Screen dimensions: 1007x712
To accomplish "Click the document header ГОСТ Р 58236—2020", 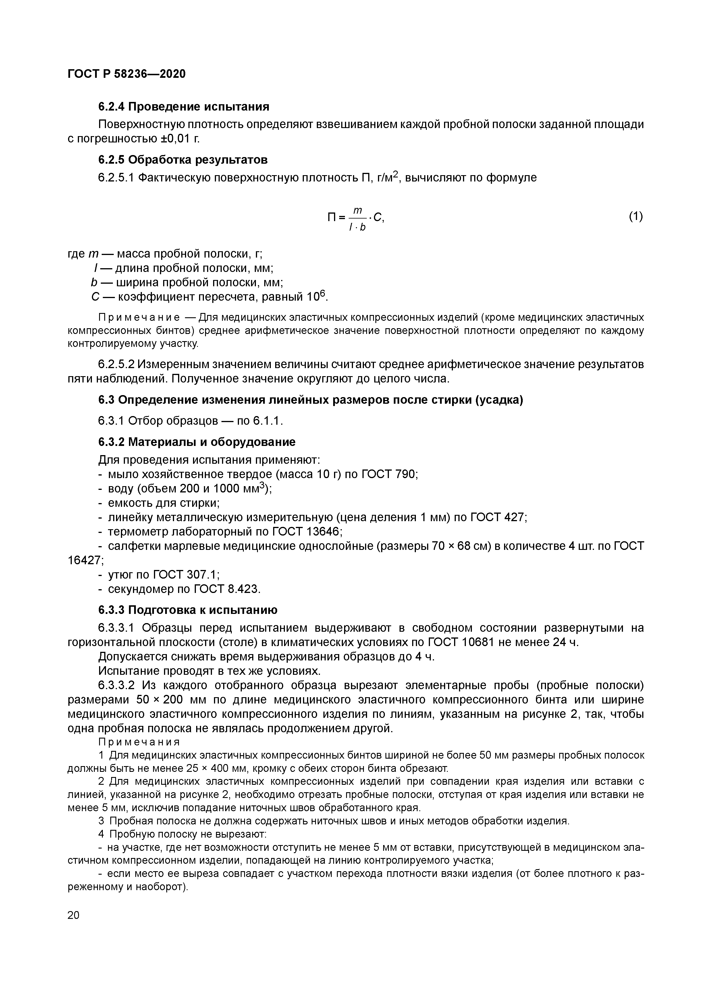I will pyautogui.click(x=127, y=74).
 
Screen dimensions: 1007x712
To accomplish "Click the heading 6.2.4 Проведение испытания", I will pyautogui.click(x=183, y=107).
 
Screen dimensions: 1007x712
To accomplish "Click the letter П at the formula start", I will pyautogui.click(x=332, y=217).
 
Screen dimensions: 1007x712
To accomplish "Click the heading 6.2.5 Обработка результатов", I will pyautogui.click(x=182, y=160).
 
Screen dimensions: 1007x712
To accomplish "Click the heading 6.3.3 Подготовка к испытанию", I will pyautogui.click(x=188, y=610).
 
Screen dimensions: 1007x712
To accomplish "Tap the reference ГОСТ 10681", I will pyautogui.click(x=460, y=643).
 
